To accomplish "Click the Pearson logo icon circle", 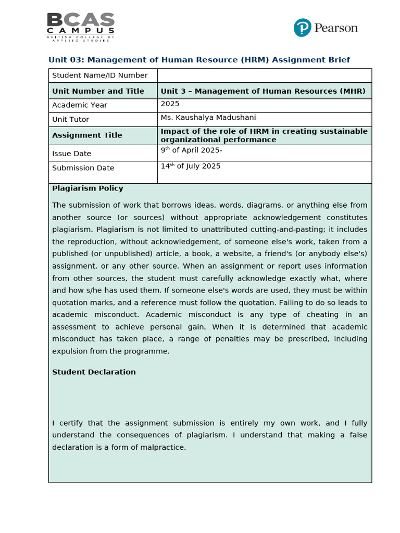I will pos(302,28).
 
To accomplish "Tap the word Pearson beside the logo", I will pos(335,28).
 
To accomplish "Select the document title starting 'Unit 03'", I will pos(199,60).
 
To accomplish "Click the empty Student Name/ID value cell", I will pos(264,75).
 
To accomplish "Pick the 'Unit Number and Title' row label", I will pos(98,91).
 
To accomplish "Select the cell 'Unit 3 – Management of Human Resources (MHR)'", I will pos(263,91).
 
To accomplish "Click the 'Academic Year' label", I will pos(79,105).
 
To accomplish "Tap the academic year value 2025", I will pos(170,104).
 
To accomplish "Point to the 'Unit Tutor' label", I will pos(70,120).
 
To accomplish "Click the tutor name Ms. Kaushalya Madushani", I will pos(208,118).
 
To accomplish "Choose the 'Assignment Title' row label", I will pos(87,135).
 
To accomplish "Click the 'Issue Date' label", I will pos(71,154).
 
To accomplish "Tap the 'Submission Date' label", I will pos(83,168).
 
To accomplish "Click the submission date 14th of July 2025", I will pos(191,166).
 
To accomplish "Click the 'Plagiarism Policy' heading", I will pos(87,188).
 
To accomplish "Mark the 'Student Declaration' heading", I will pos(94,372).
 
